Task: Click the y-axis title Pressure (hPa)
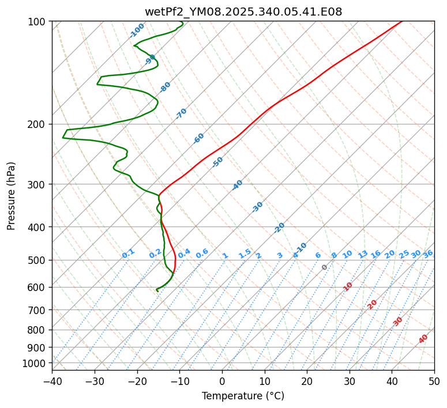12,195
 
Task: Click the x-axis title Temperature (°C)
243,396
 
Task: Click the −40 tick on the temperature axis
52,381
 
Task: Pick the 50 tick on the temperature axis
434,381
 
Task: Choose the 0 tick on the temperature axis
222,381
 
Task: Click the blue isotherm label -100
137,31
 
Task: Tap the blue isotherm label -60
199,138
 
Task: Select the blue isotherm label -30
258,207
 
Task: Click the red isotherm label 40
423,339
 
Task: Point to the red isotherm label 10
348,286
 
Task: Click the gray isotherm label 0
325,267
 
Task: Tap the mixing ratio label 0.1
129,253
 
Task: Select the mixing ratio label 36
428,254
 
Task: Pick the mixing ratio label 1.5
245,253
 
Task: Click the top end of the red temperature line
401,21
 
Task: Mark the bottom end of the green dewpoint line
157,290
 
